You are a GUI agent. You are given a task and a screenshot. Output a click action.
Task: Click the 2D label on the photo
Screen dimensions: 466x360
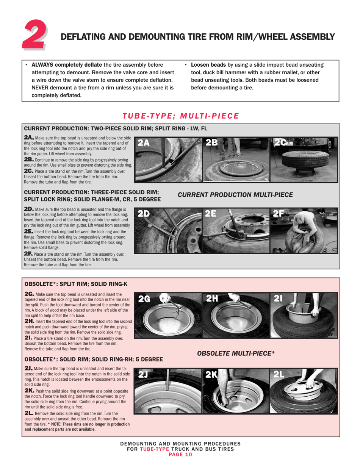tap(144, 214)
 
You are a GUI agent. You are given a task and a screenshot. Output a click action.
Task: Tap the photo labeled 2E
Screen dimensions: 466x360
tap(236, 230)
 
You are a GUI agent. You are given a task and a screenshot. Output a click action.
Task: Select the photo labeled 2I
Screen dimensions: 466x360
tap(304, 315)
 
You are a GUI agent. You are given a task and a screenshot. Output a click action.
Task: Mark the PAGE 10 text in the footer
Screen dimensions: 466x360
tap(180, 455)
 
